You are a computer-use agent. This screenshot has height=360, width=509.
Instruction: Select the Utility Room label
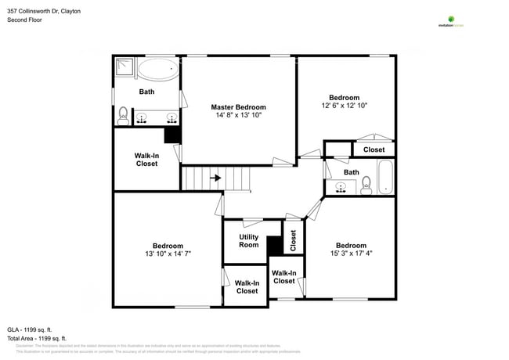point(248,241)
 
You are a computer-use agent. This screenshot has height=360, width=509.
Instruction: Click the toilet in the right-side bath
point(366,185)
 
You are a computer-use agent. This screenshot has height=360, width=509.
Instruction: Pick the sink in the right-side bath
point(339,188)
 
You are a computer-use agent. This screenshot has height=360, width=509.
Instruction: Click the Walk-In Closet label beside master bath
point(146,160)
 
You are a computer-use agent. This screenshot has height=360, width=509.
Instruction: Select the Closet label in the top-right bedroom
point(374,149)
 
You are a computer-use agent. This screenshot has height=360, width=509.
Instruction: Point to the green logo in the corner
point(451,20)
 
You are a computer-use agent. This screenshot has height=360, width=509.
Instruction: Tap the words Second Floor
point(24,20)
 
